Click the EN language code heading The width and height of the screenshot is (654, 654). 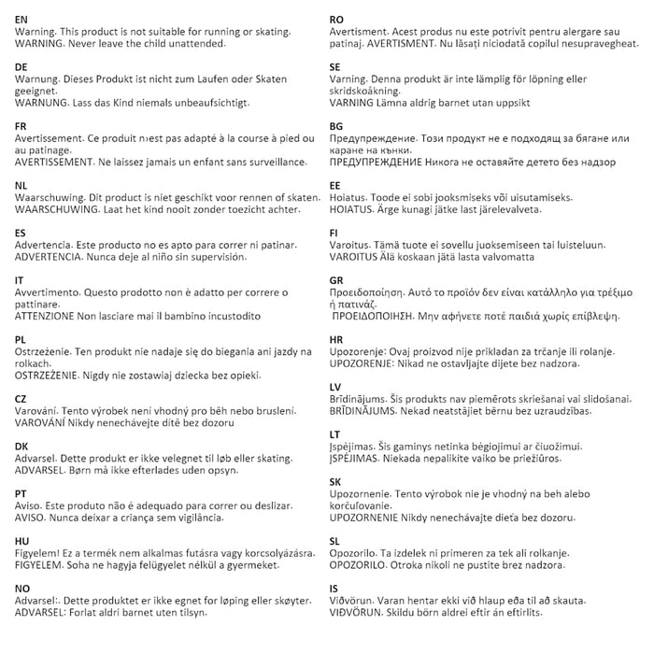tap(22, 19)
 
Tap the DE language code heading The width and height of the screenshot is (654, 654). tap(22, 67)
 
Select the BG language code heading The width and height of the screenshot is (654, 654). tap(336, 125)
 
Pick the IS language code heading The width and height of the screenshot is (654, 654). tap(334, 589)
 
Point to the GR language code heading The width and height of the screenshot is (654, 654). tap(336, 278)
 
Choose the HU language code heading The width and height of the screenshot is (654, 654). tap(23, 542)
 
